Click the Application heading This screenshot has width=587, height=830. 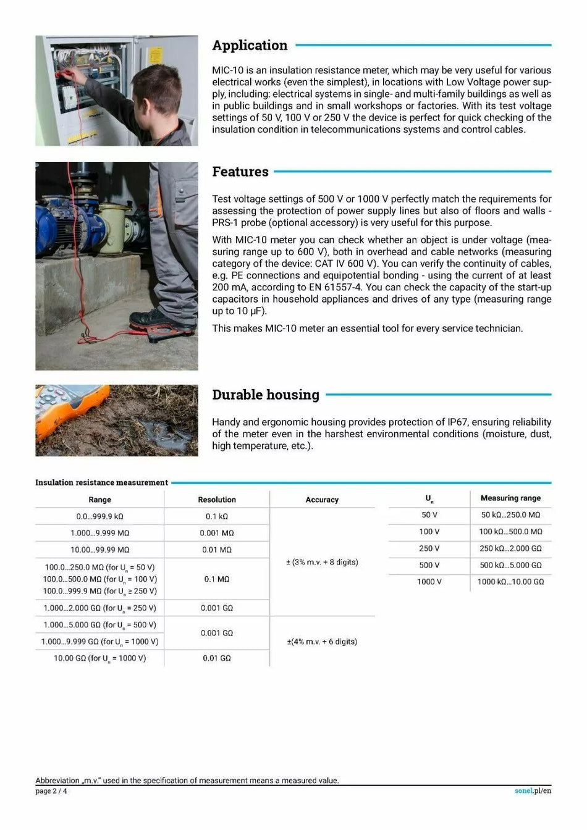tap(250, 46)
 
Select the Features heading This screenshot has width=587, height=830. tap(240, 172)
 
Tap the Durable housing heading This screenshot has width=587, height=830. tap(265, 395)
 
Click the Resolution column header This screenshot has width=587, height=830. tap(216, 500)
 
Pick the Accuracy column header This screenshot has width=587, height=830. tap(322, 500)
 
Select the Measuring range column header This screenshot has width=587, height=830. tap(510, 498)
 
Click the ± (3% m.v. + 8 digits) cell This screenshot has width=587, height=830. tap(322, 562)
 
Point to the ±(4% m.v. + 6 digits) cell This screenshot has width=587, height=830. tap(322, 642)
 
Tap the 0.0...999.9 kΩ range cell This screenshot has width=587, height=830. tap(99, 516)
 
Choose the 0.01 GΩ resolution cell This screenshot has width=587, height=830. tap(216, 658)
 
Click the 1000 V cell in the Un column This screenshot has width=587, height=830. tap(429, 582)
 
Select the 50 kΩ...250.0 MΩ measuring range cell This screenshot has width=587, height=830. tap(510, 515)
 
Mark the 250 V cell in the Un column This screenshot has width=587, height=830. tap(429, 548)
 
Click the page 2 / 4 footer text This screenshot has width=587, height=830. tap(51, 791)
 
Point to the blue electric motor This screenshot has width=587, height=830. tap(62, 222)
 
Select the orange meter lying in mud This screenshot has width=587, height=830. tap(62, 408)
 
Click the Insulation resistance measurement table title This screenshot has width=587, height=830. tap(101, 483)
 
